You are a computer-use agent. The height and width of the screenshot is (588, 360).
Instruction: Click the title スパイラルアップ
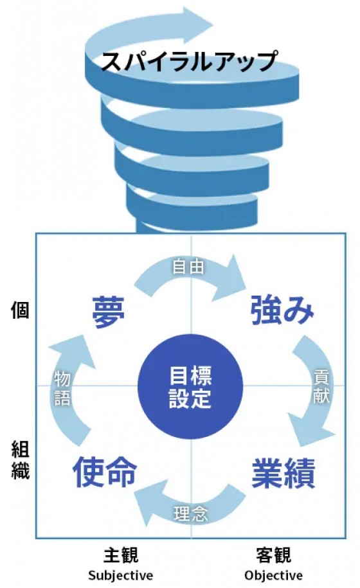coord(189,61)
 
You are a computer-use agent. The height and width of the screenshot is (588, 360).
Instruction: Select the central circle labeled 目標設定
coord(190,387)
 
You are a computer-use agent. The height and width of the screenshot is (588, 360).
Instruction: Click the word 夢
coord(109,312)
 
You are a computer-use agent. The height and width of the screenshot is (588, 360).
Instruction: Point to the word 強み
coord(282,310)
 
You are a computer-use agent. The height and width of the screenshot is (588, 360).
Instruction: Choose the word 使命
coord(105,472)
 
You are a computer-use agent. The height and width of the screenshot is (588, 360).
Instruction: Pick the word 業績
coord(283,473)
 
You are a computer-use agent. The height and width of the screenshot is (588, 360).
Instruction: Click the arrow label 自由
coord(188,267)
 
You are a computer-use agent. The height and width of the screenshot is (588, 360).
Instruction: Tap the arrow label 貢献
coord(321,386)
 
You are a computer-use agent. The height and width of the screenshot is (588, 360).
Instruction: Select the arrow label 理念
coord(190,513)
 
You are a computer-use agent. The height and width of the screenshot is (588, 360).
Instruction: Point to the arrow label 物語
coord(62,388)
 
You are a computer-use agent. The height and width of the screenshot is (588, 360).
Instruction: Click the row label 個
coord(19,311)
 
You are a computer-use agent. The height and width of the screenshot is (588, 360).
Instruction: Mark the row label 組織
coord(20,459)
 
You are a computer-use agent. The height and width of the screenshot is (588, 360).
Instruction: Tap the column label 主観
coord(121,555)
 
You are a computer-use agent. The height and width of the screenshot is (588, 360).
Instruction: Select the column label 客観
coord(273,555)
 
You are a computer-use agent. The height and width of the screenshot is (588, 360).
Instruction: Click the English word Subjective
coord(121,575)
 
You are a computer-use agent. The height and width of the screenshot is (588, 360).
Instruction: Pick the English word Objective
coord(273,575)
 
